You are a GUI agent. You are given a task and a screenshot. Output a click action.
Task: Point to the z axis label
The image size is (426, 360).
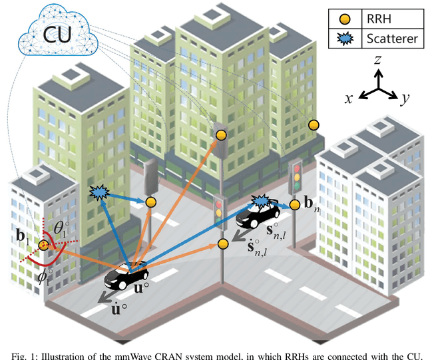coord(377,59)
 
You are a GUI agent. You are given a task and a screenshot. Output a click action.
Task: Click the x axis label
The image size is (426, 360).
coord(348,98)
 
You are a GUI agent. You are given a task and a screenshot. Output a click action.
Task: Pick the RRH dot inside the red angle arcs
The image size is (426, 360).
coord(44,245)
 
